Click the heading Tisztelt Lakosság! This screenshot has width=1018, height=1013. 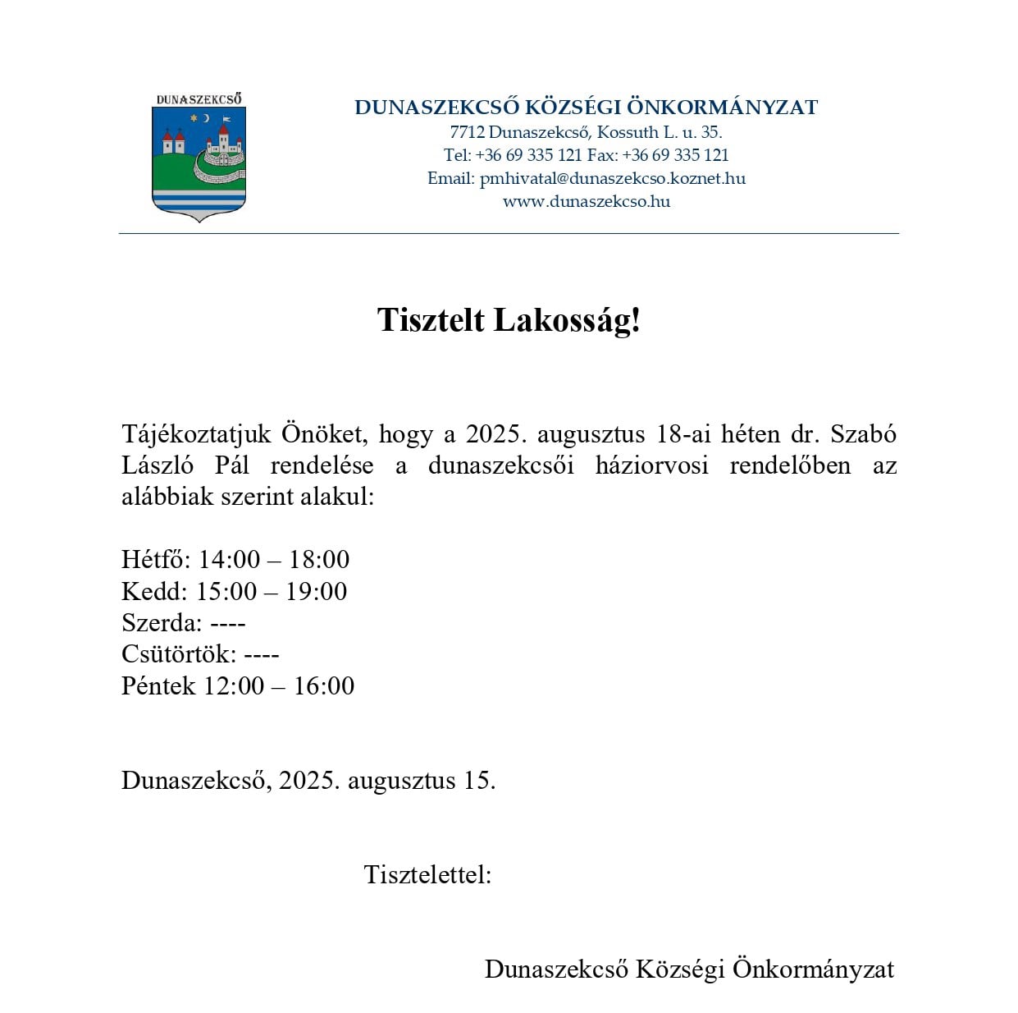click(x=509, y=320)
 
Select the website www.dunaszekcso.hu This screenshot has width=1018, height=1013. click(x=587, y=201)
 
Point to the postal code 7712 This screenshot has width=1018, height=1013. click(x=467, y=132)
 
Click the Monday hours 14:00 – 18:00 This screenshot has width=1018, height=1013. click(x=274, y=560)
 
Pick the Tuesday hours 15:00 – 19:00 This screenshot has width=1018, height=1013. click(x=272, y=591)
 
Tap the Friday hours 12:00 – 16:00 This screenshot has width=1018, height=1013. click(x=279, y=685)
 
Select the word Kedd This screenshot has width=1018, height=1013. click(x=154, y=591)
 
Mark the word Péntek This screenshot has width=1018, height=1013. click(x=158, y=685)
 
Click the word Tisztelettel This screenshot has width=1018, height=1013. click(x=427, y=874)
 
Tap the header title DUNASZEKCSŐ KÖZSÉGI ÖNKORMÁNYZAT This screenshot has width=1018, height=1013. click(x=587, y=108)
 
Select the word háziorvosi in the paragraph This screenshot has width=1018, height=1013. click(x=651, y=465)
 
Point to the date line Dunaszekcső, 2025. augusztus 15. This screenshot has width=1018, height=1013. click(x=308, y=780)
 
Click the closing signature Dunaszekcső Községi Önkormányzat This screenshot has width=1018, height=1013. click(x=689, y=969)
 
